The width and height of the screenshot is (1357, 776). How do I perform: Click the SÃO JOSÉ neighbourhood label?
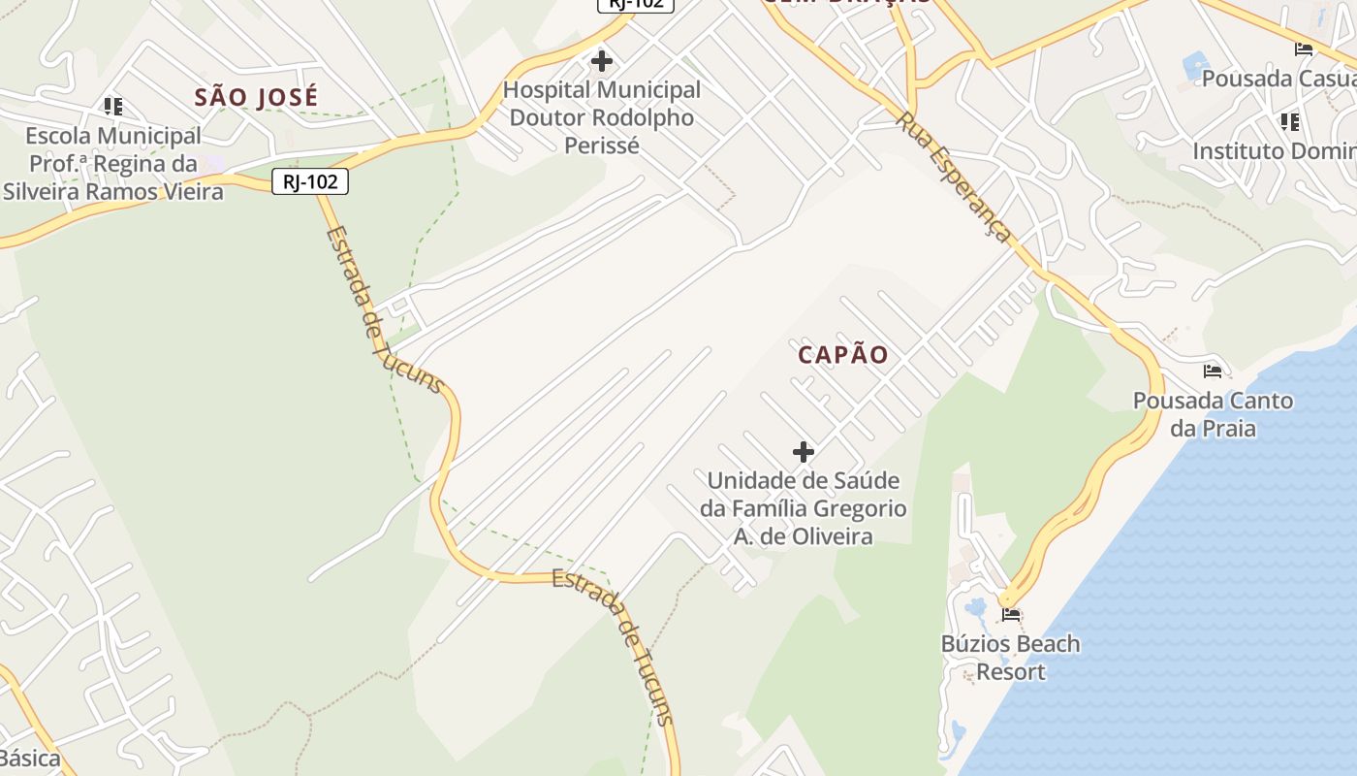click(256, 98)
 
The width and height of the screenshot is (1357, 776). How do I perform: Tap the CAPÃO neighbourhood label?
click(842, 355)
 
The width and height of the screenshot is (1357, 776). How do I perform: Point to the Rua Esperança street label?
click(954, 177)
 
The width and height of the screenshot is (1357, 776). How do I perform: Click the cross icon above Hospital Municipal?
click(602, 62)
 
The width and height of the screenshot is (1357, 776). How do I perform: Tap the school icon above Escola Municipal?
click(113, 106)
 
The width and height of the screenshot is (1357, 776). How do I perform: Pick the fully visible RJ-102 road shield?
click(309, 181)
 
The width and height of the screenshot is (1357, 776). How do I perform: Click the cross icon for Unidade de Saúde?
click(803, 452)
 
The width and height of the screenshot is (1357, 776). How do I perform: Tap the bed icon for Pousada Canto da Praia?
click(1213, 372)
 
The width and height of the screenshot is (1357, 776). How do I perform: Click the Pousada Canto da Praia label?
click(1213, 414)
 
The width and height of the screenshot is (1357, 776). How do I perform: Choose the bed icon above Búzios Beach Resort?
click(1011, 614)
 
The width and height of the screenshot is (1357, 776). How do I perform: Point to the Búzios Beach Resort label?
click(1010, 658)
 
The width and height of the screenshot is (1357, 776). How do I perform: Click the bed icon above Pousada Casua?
click(1304, 49)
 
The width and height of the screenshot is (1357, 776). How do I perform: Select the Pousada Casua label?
click(1278, 79)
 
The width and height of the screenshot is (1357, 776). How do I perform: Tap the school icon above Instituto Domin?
click(1289, 122)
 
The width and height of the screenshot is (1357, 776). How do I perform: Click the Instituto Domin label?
click(1274, 152)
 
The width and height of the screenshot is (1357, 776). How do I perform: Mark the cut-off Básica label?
click(30, 759)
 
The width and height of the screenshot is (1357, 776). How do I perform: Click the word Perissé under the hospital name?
click(602, 146)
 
